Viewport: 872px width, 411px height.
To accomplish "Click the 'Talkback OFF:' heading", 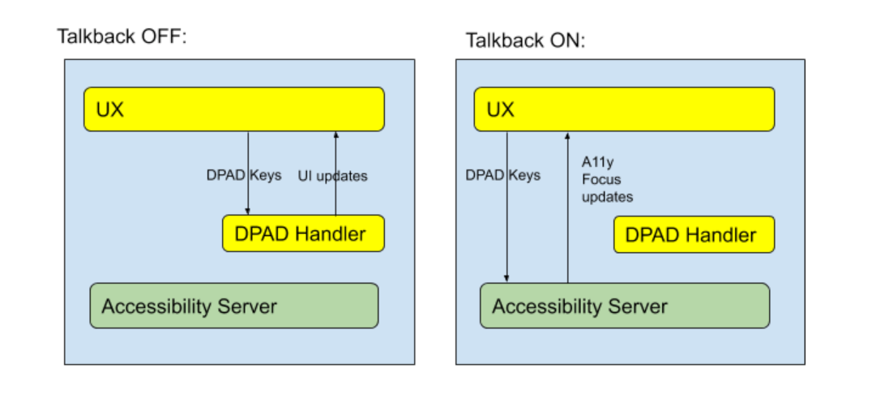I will [x=122, y=36].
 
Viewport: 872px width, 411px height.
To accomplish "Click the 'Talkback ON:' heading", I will [x=524, y=41].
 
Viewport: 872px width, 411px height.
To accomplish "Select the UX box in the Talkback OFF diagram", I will [x=233, y=109].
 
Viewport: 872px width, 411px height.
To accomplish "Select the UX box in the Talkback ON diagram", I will [x=624, y=109].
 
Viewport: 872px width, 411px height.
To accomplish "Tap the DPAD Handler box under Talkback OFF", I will [x=303, y=234].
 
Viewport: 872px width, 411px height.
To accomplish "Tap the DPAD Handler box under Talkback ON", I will [x=694, y=235].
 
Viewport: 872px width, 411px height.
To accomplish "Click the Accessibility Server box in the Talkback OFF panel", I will [x=233, y=306].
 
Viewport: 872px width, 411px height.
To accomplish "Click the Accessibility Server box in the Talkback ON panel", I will [x=624, y=306].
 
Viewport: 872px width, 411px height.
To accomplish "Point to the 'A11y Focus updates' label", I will [x=606, y=178].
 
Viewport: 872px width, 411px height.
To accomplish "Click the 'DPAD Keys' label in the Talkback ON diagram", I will [x=502, y=175].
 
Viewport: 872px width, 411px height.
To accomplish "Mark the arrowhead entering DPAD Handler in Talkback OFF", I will [x=248, y=212].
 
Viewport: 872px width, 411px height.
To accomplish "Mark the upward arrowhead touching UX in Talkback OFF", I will [x=336, y=135].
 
